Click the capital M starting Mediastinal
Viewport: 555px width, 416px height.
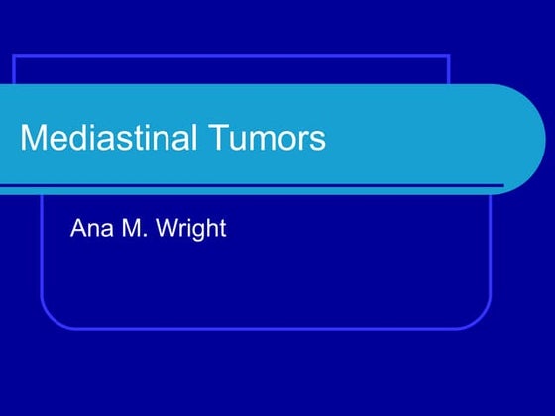pyautogui.click(x=33, y=138)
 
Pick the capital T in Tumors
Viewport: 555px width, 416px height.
pyautogui.click(x=215, y=138)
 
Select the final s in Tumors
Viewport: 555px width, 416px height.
pyautogui.click(x=318, y=140)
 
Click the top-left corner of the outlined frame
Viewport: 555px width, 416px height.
pyautogui.click(x=14, y=57)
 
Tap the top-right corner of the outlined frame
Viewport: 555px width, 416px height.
pyautogui.click(x=449, y=57)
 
